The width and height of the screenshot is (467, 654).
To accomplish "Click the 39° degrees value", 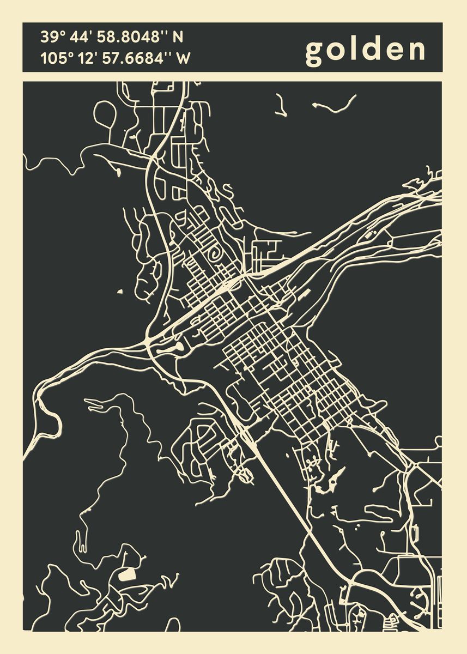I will point(52,38).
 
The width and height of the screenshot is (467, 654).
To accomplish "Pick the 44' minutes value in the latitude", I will point(82,38).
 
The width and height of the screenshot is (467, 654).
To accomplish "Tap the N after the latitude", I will point(178,38).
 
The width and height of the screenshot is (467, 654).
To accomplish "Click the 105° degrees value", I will point(57,58).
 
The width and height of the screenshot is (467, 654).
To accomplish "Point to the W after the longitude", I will point(184,58).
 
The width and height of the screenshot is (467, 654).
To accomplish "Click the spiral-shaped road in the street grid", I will point(215,255).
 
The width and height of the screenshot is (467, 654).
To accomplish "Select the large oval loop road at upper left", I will point(105,114).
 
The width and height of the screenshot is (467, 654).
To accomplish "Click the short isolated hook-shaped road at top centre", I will point(281,105).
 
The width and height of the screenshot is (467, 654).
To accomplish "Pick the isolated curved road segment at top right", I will point(335,106).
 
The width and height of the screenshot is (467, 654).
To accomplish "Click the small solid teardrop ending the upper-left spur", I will point(118,173).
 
